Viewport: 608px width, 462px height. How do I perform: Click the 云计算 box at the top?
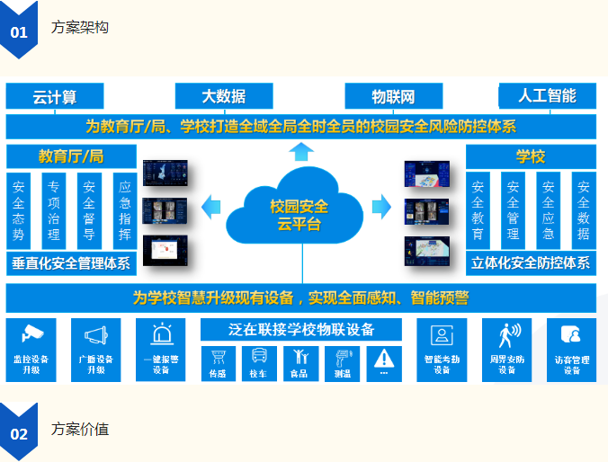(x=55, y=96)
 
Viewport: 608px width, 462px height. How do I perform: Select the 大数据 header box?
(x=223, y=96)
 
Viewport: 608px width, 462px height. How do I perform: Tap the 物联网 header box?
(x=393, y=96)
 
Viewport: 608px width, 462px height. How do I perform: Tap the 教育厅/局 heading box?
(x=71, y=156)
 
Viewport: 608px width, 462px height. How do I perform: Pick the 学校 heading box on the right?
(x=530, y=156)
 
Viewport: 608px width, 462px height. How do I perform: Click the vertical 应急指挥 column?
(x=125, y=210)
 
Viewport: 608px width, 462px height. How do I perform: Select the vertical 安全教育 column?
(x=478, y=210)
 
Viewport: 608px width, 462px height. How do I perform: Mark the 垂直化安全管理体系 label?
(x=71, y=264)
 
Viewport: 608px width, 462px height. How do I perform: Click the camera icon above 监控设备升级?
(x=32, y=334)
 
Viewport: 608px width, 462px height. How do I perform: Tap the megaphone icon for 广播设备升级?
(x=96, y=334)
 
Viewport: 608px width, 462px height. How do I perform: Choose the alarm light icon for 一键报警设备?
(x=161, y=334)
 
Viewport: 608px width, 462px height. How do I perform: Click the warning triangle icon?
(x=384, y=356)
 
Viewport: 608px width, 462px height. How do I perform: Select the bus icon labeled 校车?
(x=259, y=356)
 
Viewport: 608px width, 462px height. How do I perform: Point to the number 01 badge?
(x=19, y=31)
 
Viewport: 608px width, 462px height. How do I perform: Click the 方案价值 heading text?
(x=80, y=430)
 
